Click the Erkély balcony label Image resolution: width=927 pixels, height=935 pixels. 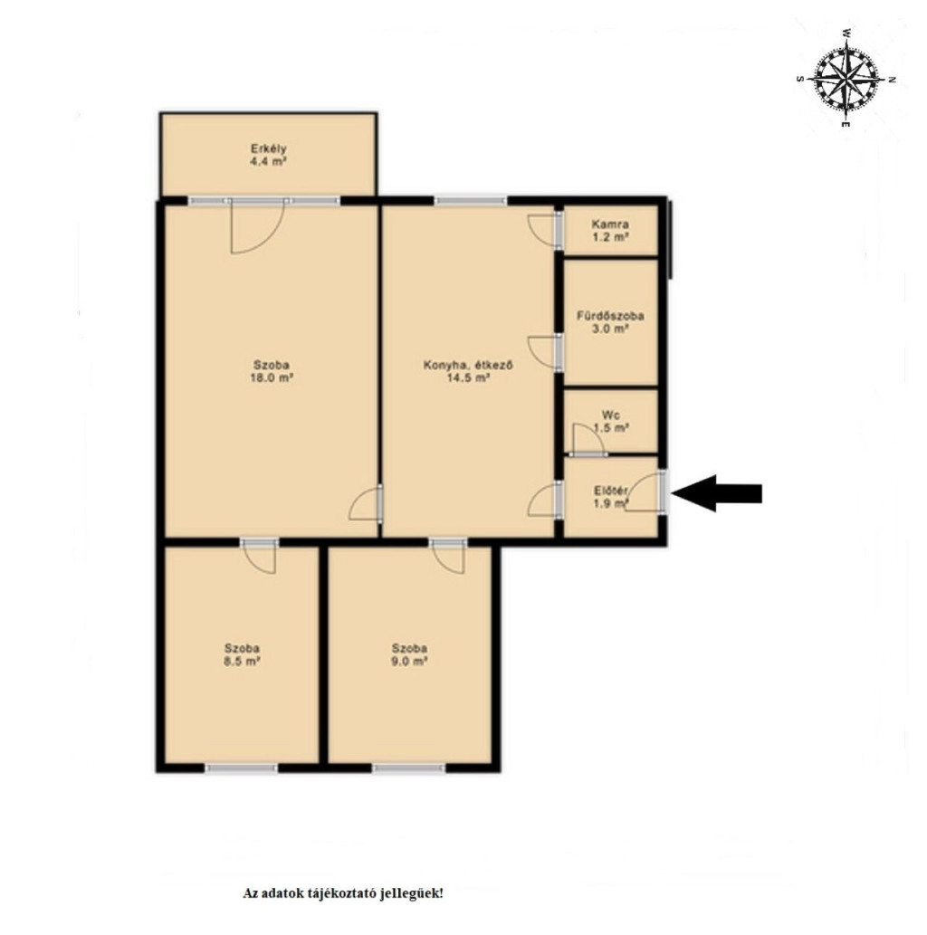tap(269, 148)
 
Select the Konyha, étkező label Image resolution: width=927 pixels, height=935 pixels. tap(468, 365)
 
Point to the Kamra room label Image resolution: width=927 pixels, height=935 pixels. tap(609, 224)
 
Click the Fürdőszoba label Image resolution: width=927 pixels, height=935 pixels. tap(610, 316)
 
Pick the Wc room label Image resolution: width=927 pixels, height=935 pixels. tap(610, 415)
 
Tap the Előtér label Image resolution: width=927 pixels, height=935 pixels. tap(610, 491)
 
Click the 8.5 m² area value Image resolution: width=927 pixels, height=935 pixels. tap(242, 662)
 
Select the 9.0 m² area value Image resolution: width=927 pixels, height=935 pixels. tap(409, 662)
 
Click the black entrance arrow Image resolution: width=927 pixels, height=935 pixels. tap(716, 493)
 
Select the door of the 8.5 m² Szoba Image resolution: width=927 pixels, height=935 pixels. tap(260, 558)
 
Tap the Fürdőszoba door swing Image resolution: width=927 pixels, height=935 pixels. tap(543, 352)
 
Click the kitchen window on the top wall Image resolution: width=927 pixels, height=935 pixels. tap(471, 201)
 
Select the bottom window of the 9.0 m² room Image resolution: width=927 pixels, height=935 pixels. tap(409, 768)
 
